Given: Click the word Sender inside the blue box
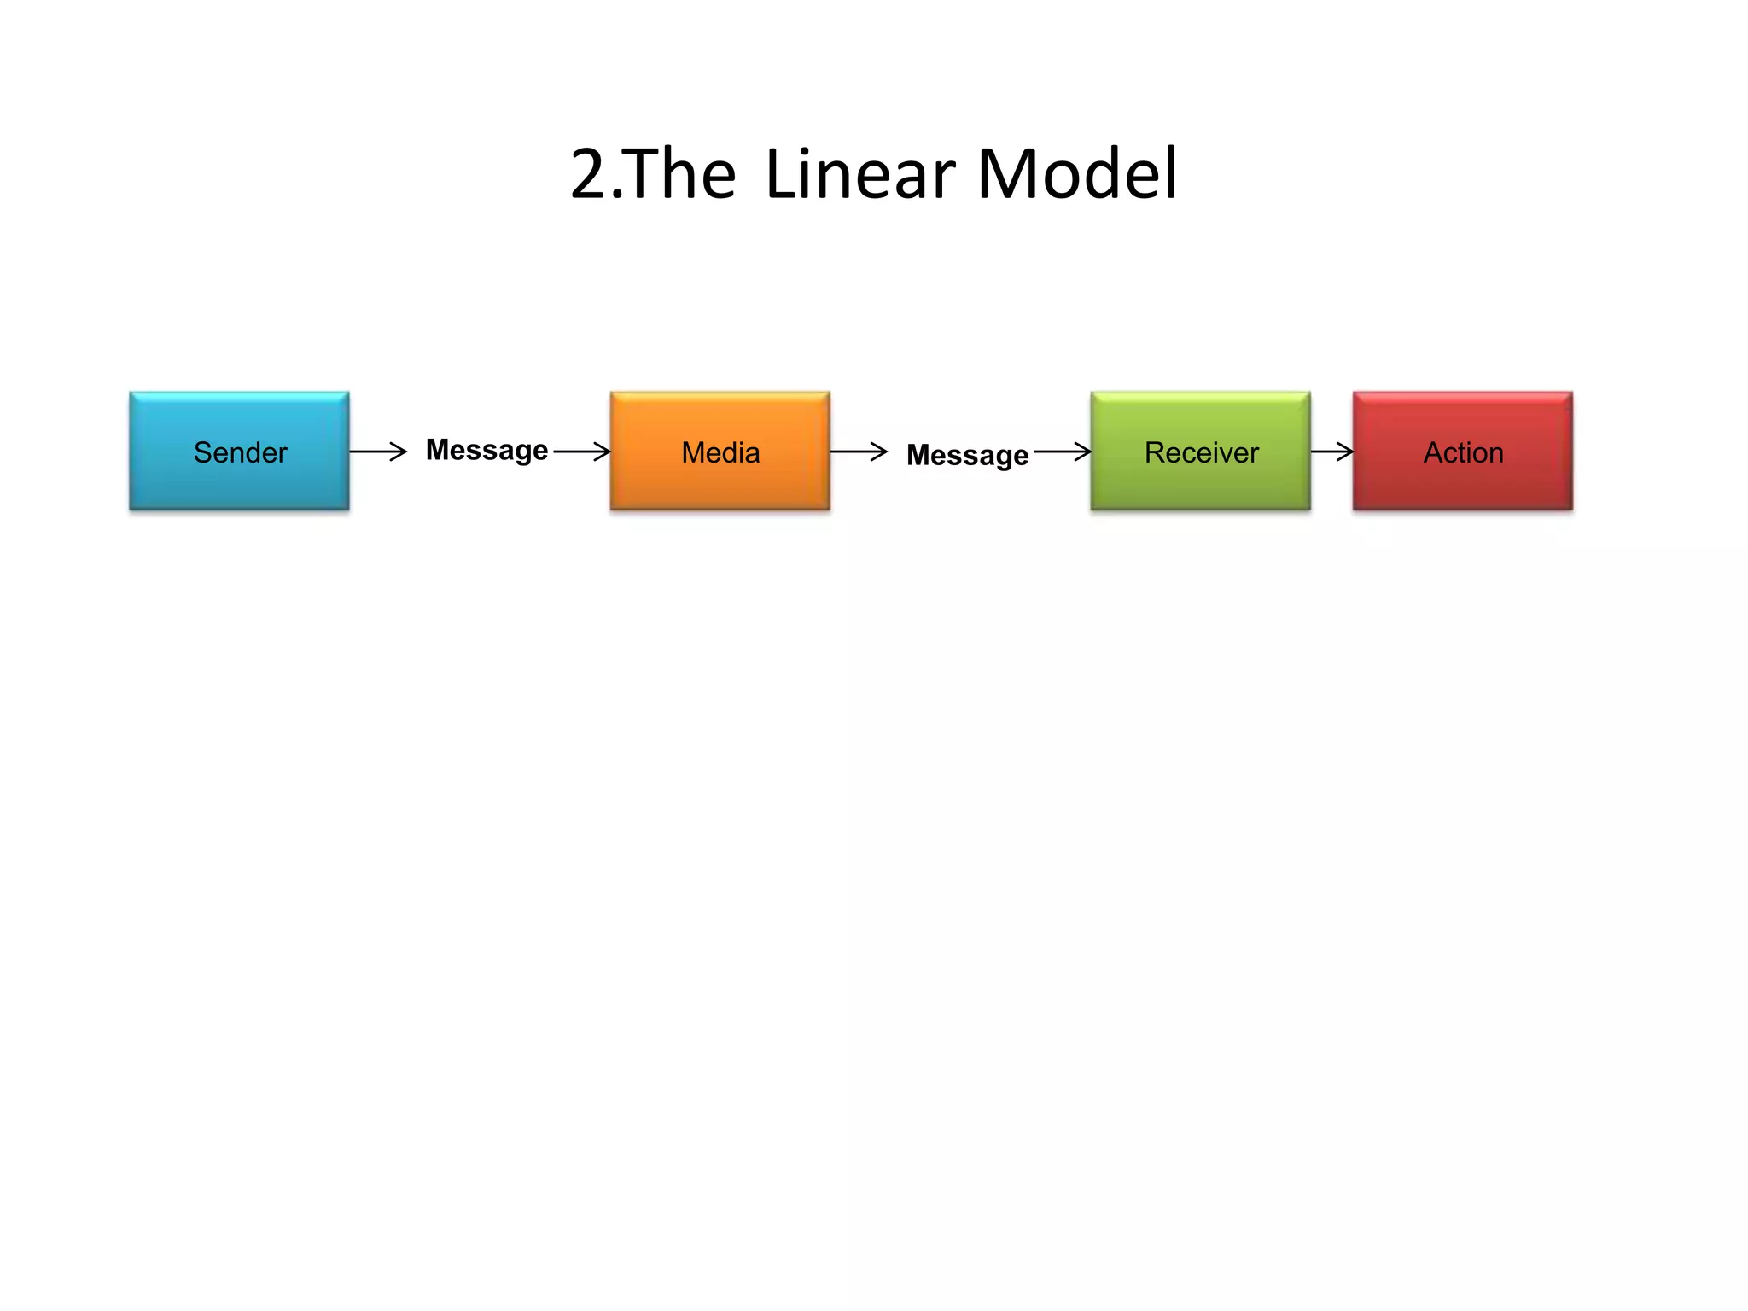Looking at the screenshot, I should click(240, 452).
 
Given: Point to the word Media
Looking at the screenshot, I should click(720, 452).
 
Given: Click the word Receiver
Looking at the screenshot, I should click(1201, 452).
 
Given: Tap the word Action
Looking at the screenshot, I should click(1463, 452).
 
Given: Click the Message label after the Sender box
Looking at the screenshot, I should click(487, 450).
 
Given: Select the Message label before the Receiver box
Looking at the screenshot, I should click(967, 455).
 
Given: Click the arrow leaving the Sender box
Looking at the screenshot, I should click(377, 451).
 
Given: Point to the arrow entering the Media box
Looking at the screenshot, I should click(582, 451).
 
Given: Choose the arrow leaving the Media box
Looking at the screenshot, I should click(858, 451).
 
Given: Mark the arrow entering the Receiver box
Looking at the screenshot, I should click(1063, 451).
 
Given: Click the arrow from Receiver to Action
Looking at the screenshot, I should click(1331, 451).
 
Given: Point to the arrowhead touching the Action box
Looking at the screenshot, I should click(1346, 451).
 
